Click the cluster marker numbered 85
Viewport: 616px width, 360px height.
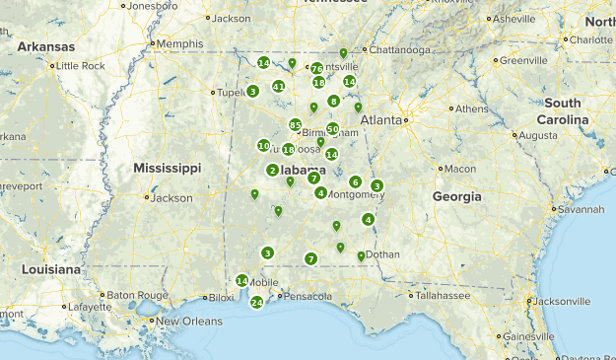pos(295,124)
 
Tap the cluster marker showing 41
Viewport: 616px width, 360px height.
pos(279,87)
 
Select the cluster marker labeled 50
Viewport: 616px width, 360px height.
pos(333,129)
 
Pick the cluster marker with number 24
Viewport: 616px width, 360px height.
pos(256,303)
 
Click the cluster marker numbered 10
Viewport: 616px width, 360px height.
pos(263,146)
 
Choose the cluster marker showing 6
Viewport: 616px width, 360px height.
pos(355,181)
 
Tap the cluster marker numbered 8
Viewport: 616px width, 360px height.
pos(334,101)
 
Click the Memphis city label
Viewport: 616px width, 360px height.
pos(179,44)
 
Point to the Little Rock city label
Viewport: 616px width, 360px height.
pos(81,65)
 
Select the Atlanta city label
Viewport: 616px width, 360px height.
pos(381,119)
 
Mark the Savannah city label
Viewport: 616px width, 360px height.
pos(578,210)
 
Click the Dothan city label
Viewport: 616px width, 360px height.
pos(382,254)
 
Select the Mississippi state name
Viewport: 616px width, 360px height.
pos(167,167)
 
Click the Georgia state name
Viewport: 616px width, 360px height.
pos(457,196)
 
